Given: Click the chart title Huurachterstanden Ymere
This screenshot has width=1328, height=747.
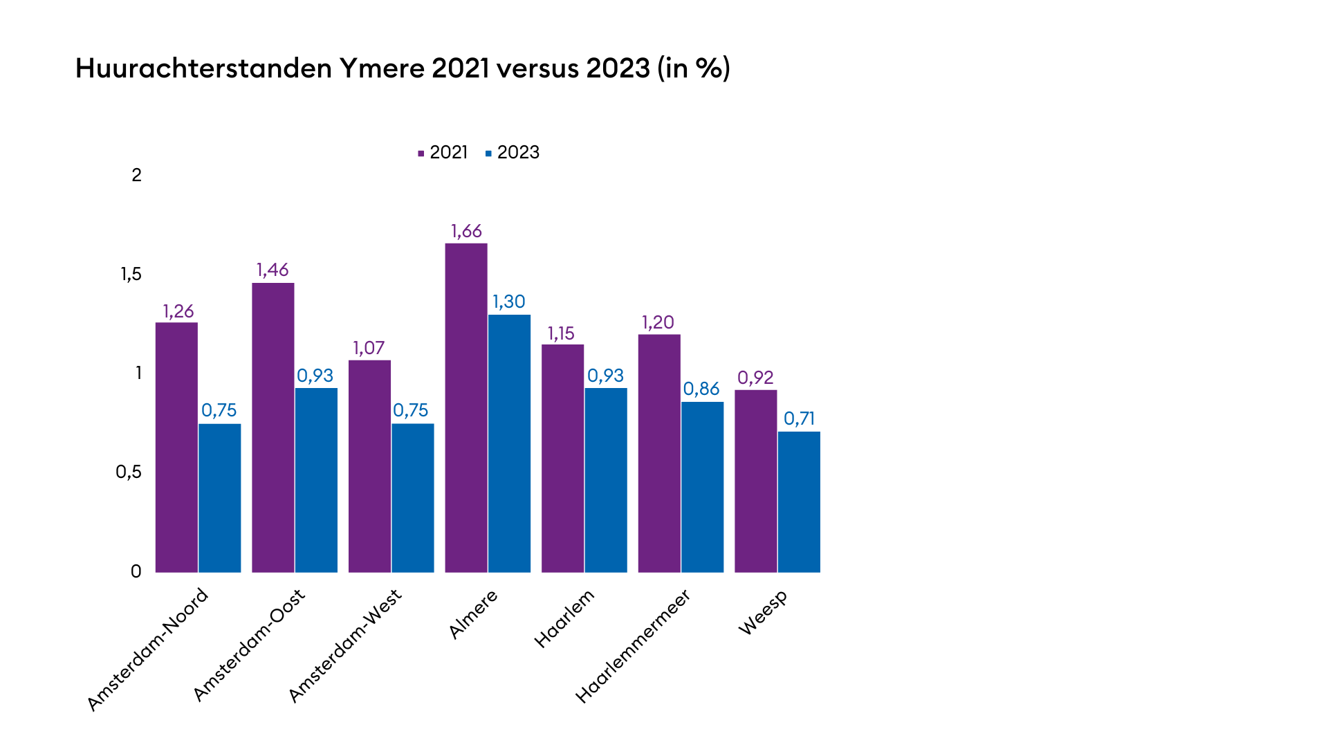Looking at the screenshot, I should click(403, 68).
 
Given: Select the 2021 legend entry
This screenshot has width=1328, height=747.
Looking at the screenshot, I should click(443, 153).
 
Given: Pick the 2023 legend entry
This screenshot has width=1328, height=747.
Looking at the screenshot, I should click(513, 153).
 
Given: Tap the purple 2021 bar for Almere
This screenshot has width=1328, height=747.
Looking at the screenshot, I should click(466, 408).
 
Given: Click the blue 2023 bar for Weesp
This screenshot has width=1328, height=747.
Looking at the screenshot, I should click(799, 502).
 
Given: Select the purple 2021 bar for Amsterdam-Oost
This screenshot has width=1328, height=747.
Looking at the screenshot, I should click(273, 427).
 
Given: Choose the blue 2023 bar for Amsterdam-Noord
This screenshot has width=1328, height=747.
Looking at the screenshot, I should click(220, 498).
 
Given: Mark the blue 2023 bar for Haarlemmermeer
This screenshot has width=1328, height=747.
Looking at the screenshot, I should click(702, 487).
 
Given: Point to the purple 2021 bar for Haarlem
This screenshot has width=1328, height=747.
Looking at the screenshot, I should click(562, 459).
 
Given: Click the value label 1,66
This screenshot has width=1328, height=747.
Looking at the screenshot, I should click(466, 231).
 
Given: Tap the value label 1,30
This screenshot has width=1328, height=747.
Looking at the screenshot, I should click(509, 302).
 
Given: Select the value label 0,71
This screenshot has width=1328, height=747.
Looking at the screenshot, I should click(799, 418).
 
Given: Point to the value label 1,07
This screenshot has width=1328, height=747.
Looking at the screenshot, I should click(369, 348).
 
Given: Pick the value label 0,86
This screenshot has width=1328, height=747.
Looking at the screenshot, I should click(701, 389).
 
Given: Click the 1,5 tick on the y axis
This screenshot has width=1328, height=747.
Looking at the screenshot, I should click(131, 275).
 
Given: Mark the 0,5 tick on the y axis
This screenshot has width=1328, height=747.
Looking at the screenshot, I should click(128, 472).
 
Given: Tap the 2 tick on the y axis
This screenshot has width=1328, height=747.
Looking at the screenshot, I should click(136, 176).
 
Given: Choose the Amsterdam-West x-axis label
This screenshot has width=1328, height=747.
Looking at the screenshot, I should click(344, 645).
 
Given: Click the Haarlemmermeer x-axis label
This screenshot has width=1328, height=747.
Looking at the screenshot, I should click(632, 646).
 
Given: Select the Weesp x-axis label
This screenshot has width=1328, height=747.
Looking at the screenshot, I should click(762, 613).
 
